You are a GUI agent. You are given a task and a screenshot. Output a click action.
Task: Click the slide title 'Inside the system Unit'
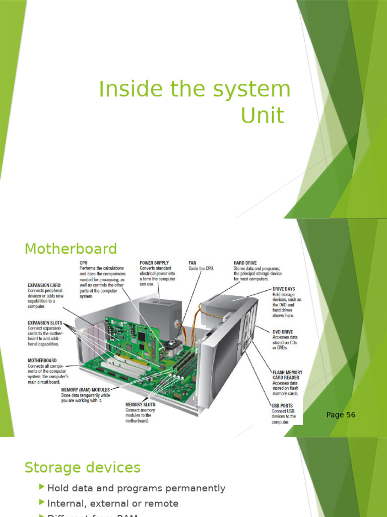[195, 102]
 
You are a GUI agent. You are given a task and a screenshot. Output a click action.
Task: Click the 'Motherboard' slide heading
[71, 249]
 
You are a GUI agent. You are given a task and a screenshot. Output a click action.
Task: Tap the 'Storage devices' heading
[82, 468]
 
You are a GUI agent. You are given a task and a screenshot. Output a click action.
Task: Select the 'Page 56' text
[341, 415]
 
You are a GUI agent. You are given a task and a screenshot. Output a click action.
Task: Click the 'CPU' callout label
[83, 263]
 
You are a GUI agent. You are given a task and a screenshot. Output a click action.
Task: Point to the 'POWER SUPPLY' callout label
[154, 263]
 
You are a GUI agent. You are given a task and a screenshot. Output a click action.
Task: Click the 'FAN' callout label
[192, 263]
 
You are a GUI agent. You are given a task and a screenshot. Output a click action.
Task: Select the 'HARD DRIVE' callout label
[245, 263]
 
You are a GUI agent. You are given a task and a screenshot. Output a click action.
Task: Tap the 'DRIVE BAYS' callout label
[284, 289]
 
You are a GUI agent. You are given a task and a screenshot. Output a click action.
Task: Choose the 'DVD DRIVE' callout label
[283, 332]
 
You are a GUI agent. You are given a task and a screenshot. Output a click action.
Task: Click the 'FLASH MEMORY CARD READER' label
[287, 375]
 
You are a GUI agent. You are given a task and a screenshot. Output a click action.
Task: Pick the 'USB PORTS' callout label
[282, 405]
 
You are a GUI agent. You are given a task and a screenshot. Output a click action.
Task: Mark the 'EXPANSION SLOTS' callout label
[45, 323]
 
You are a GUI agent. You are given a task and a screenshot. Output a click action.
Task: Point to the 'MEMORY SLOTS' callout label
[140, 404]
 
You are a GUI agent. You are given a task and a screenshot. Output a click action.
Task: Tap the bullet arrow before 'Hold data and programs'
[42, 488]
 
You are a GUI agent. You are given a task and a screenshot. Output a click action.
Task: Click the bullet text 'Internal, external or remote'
[112, 503]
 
